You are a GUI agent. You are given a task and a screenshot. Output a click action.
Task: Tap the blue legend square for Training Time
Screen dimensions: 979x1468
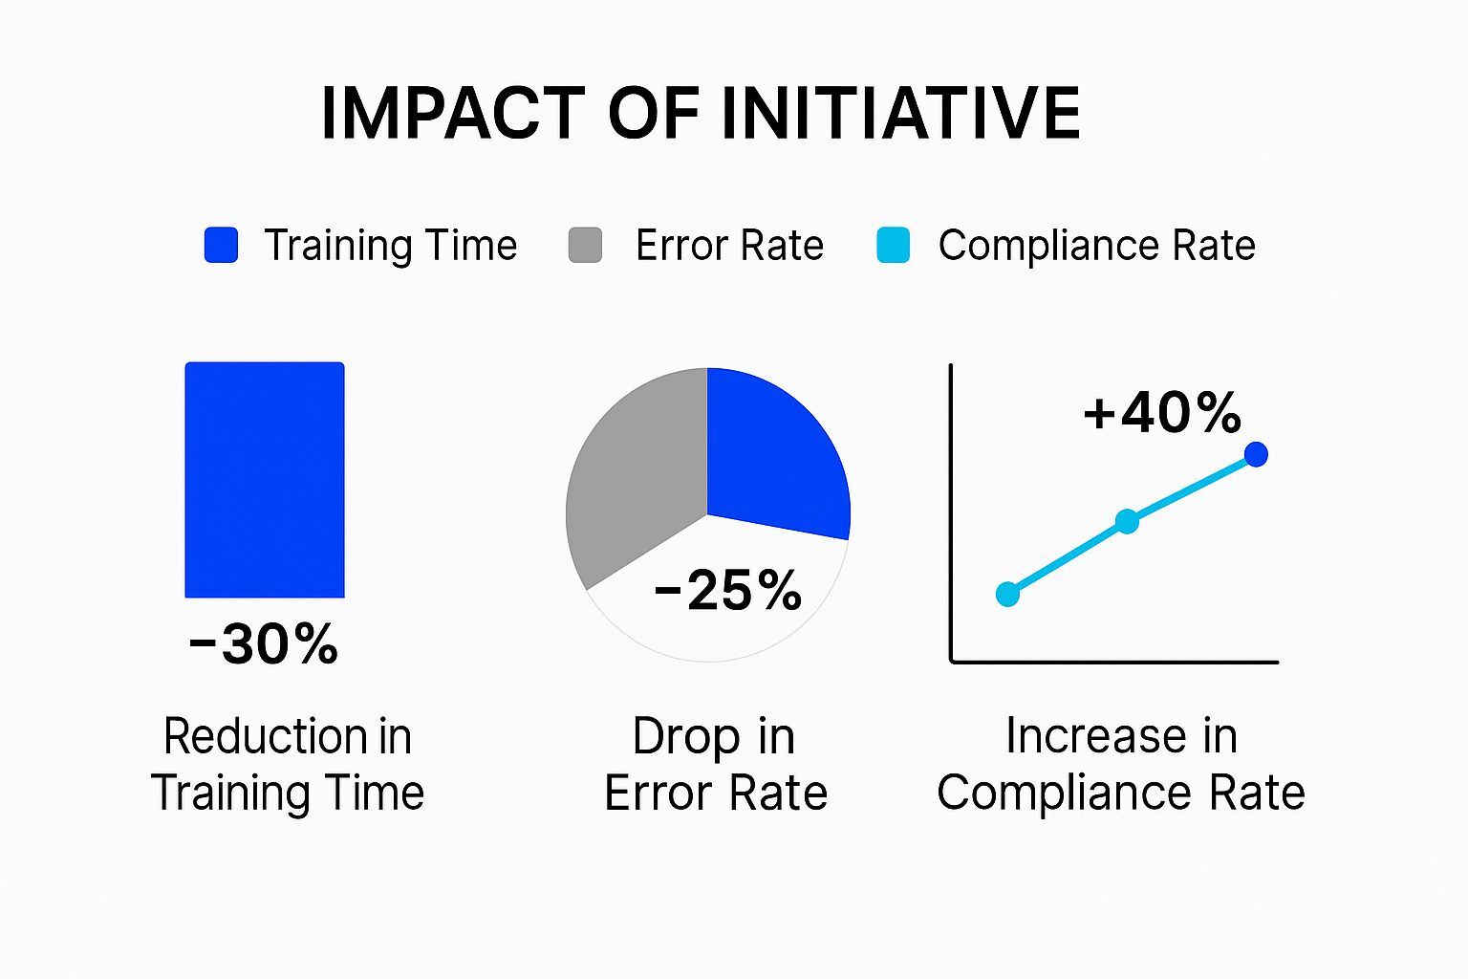[x=221, y=245]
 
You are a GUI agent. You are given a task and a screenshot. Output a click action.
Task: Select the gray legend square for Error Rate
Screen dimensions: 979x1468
[x=585, y=245]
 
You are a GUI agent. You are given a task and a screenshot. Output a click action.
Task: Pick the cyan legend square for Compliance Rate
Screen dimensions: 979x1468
[x=893, y=245]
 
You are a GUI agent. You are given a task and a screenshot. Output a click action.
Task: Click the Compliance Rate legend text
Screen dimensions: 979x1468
[x=1096, y=246]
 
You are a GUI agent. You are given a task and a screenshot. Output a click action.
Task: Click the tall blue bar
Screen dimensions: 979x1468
[x=265, y=479]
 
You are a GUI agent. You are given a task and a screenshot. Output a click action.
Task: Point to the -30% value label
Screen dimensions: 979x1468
[x=264, y=643]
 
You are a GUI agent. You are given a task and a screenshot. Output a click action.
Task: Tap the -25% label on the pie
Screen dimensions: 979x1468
[x=728, y=590]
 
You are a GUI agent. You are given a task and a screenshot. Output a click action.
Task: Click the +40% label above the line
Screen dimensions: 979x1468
[x=1161, y=412]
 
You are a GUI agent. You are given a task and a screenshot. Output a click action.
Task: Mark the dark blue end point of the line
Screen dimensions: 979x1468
[x=1257, y=454]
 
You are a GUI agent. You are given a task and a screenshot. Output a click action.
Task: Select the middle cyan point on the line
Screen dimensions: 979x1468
[x=1128, y=521]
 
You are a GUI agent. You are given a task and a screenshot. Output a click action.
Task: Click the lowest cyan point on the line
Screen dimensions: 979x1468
[x=1007, y=594]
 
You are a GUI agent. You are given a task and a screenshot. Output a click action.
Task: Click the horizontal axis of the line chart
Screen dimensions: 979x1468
[x=1113, y=661]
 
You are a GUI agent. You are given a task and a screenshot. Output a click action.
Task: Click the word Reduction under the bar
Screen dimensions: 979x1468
[x=265, y=736]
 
